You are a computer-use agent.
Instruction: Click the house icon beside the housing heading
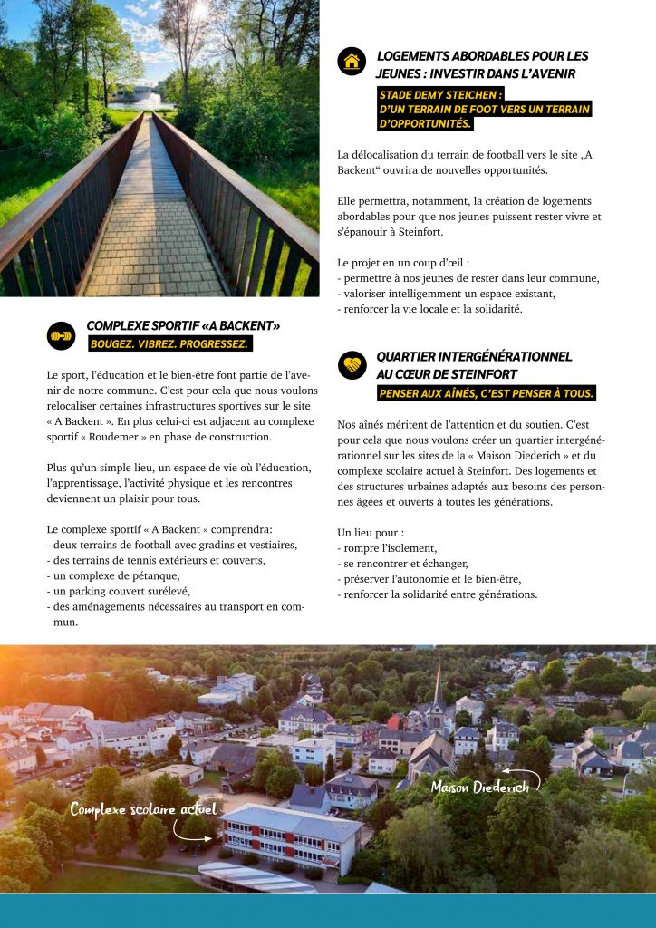point(352,62)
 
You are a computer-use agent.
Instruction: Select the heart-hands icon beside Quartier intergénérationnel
point(352,365)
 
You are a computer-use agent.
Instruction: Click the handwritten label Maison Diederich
point(479,786)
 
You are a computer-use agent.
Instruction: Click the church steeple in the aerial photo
point(439,689)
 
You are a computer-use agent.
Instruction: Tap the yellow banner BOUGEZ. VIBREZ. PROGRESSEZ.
point(169,344)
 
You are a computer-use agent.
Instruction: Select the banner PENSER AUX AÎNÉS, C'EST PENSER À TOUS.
point(486,393)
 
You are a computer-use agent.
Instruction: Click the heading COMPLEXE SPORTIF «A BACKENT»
point(183,326)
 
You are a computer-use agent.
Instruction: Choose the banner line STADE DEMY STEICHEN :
point(441,93)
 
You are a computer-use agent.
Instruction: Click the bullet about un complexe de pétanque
point(113,575)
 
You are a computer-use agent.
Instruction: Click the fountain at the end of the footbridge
point(148,93)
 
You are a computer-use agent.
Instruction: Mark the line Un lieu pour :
point(371,533)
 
